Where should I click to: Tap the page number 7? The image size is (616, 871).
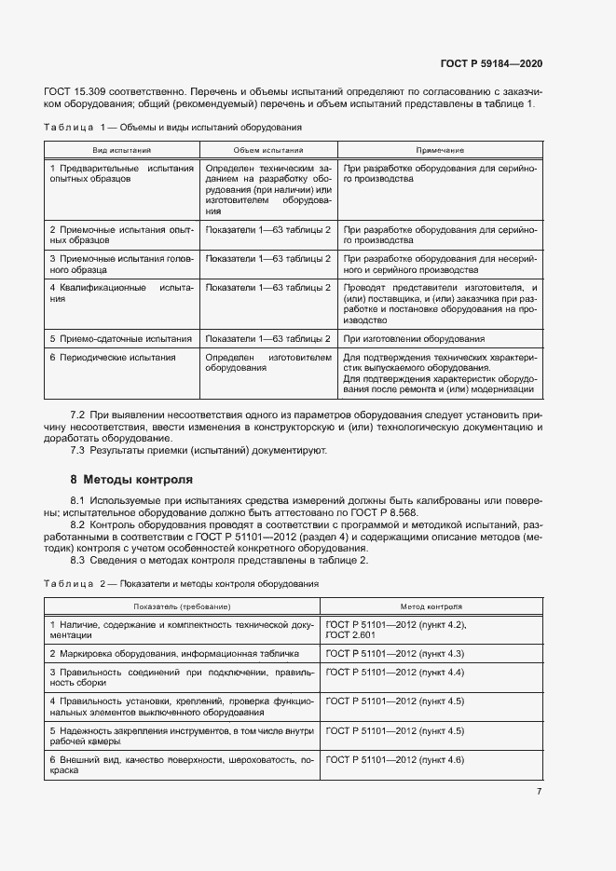tap(539, 791)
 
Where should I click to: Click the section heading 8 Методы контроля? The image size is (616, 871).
tap(131, 480)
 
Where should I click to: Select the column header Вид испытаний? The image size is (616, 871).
tap(121, 150)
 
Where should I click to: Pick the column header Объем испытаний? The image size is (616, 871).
tap(268, 150)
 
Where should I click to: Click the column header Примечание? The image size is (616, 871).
tap(440, 150)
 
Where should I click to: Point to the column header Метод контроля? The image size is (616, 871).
tap(431, 606)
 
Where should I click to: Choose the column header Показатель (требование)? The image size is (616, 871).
tap(182, 606)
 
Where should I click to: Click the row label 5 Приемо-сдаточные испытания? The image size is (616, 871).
tap(121, 339)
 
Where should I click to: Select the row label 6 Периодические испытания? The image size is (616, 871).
tap(113, 357)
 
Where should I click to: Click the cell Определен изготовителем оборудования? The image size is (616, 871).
tap(268, 362)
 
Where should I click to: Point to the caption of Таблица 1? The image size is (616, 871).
tap(172, 127)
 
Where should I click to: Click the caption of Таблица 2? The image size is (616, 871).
tap(182, 583)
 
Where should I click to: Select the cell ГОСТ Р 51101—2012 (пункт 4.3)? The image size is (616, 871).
tap(395, 653)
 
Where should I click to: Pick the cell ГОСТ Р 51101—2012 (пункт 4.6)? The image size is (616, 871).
tap(395, 760)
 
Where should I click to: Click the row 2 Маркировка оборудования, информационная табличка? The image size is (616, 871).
tap(173, 653)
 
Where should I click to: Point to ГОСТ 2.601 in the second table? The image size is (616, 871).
tap(350, 634)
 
